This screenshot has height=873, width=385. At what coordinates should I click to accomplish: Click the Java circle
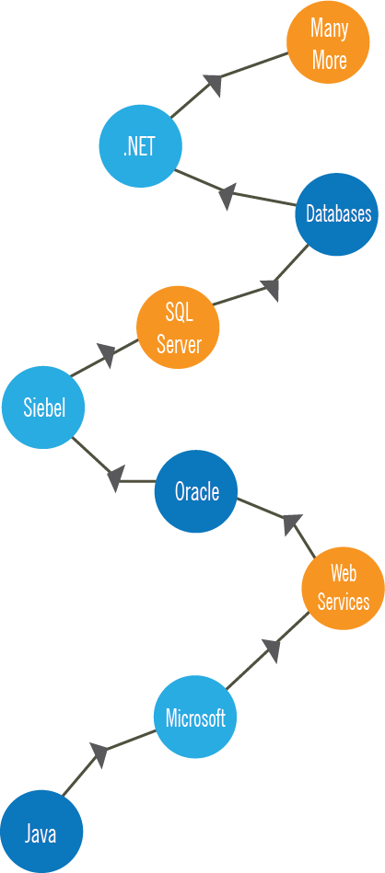point(41,833)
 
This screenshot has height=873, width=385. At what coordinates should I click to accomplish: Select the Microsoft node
point(195,718)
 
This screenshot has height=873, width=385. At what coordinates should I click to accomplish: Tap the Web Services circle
point(344,589)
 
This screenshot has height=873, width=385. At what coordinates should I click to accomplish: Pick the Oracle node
point(196,491)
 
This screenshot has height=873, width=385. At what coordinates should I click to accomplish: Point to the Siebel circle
point(43,408)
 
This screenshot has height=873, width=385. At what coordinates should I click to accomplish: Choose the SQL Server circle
point(179,327)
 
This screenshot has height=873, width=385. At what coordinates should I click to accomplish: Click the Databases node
point(336,214)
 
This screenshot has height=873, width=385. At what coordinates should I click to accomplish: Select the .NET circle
point(140,146)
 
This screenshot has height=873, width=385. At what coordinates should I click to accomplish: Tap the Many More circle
point(328,42)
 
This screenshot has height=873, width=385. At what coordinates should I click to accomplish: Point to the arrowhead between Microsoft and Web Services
point(271,650)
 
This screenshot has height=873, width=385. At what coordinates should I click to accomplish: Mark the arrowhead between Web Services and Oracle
point(292,524)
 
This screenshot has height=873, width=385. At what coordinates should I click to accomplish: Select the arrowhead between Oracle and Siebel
point(115,479)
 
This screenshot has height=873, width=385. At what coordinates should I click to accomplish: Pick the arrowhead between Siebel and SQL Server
point(108,355)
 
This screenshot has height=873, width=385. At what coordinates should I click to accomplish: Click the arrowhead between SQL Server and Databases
point(271,290)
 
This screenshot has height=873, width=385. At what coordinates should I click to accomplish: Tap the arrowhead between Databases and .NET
point(227,196)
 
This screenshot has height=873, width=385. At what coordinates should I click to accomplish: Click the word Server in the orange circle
point(179,345)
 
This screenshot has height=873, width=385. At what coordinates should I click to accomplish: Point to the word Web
point(344,573)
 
